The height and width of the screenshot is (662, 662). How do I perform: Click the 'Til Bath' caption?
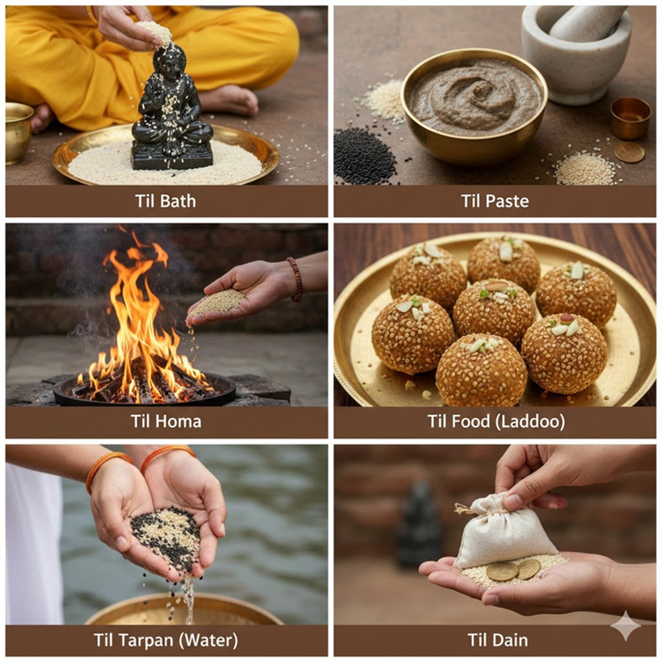pos(165,201)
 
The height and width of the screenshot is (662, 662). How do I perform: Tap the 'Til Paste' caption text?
pos(495,201)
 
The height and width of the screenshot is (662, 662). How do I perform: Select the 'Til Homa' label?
pos(166,421)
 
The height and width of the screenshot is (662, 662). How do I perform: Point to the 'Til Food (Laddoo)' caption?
pos(496,421)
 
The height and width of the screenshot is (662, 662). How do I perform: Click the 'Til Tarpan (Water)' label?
pos(166,640)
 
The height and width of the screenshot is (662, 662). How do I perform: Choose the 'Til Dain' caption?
pos(498,640)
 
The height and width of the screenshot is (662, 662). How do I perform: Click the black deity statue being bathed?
pos(172,110)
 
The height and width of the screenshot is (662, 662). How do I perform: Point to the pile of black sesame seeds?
pos(364,157)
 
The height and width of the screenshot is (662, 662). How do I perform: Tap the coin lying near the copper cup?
pos(630,152)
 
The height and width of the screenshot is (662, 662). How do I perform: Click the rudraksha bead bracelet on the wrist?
pos(295,279)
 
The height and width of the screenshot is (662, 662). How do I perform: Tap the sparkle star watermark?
pos(626,626)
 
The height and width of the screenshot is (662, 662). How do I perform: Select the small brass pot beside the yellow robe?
pos(17,133)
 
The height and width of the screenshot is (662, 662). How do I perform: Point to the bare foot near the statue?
pos(230,100)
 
